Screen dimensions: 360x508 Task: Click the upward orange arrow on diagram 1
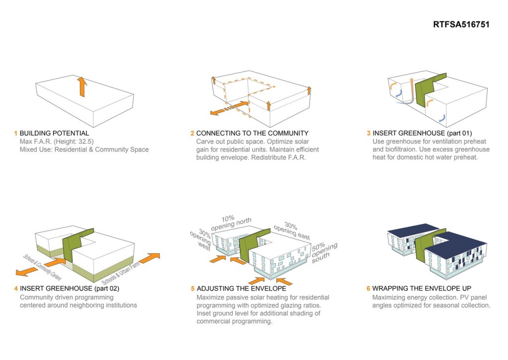pyautogui.click(x=82, y=87)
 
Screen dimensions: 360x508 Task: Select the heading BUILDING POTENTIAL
pyautogui.click(x=54, y=133)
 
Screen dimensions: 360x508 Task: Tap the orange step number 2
pyautogui.click(x=192, y=133)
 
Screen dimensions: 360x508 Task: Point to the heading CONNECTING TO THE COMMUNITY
pyautogui.click(x=252, y=133)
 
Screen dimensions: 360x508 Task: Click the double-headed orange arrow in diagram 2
pyautogui.click(x=229, y=109)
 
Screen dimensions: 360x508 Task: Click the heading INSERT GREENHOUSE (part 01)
pyautogui.click(x=422, y=133)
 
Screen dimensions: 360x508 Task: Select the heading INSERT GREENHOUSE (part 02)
pyautogui.click(x=69, y=288)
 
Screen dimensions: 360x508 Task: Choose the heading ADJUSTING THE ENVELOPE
pyautogui.click(x=241, y=288)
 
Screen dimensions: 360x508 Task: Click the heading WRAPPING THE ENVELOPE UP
pyautogui.click(x=422, y=288)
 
